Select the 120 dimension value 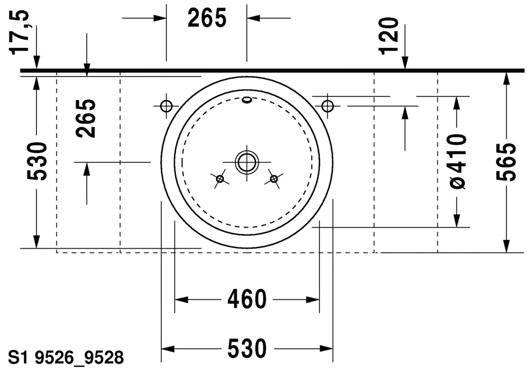389,36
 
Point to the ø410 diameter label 457,161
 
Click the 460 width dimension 247,299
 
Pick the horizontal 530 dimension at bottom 247,349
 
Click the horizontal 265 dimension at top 207,18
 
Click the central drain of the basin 247,161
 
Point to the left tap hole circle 166,106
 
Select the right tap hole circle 327,106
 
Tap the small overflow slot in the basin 247,99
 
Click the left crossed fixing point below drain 219,179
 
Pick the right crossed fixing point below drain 274,179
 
